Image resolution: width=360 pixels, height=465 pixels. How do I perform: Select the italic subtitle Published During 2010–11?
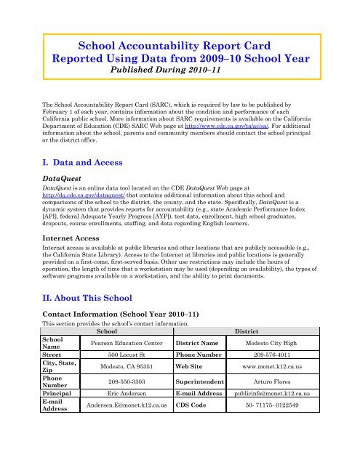tap(179, 73)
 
